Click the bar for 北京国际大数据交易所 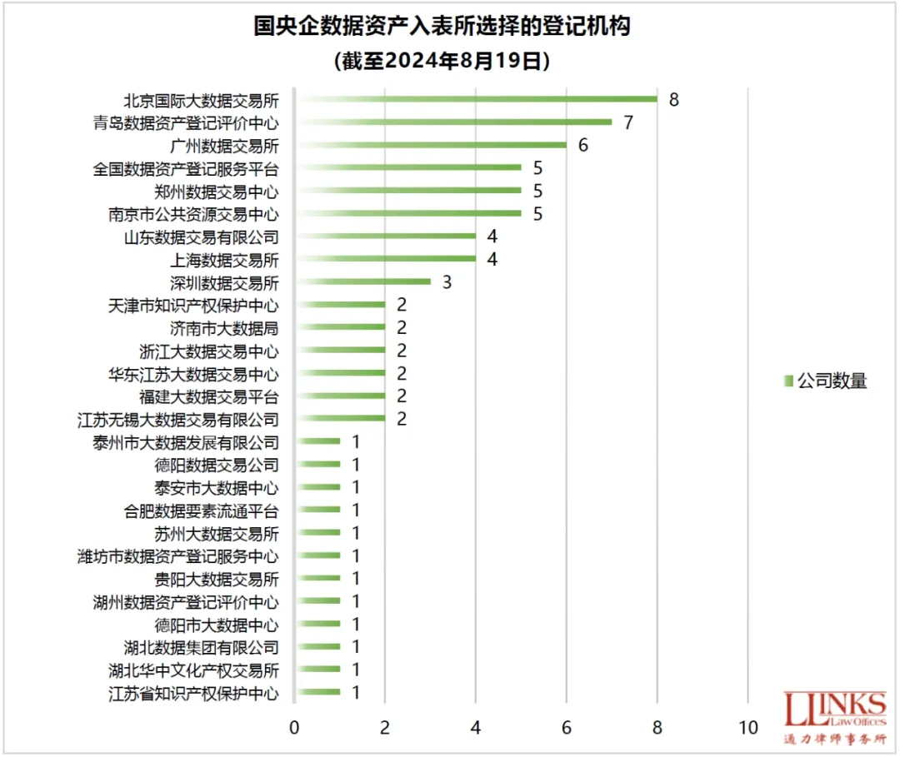pos(476,99)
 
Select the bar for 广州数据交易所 pos(431,145)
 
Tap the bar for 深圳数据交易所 pos(362,281)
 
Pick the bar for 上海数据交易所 pos(385,259)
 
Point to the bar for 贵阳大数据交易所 pos(317,578)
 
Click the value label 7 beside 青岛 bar pos(628,122)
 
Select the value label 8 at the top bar pos(673,100)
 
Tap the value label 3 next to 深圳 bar pos(447,281)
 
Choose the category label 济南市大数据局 pos(224,327)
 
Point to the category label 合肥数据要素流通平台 pos(201,510)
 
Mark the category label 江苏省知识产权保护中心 pos(193,692)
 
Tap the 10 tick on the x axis pos(748,727)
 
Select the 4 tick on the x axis pos(476,727)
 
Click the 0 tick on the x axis pos(294,727)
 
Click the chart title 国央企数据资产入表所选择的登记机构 pos(442,27)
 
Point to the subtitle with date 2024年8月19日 pos(442,61)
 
